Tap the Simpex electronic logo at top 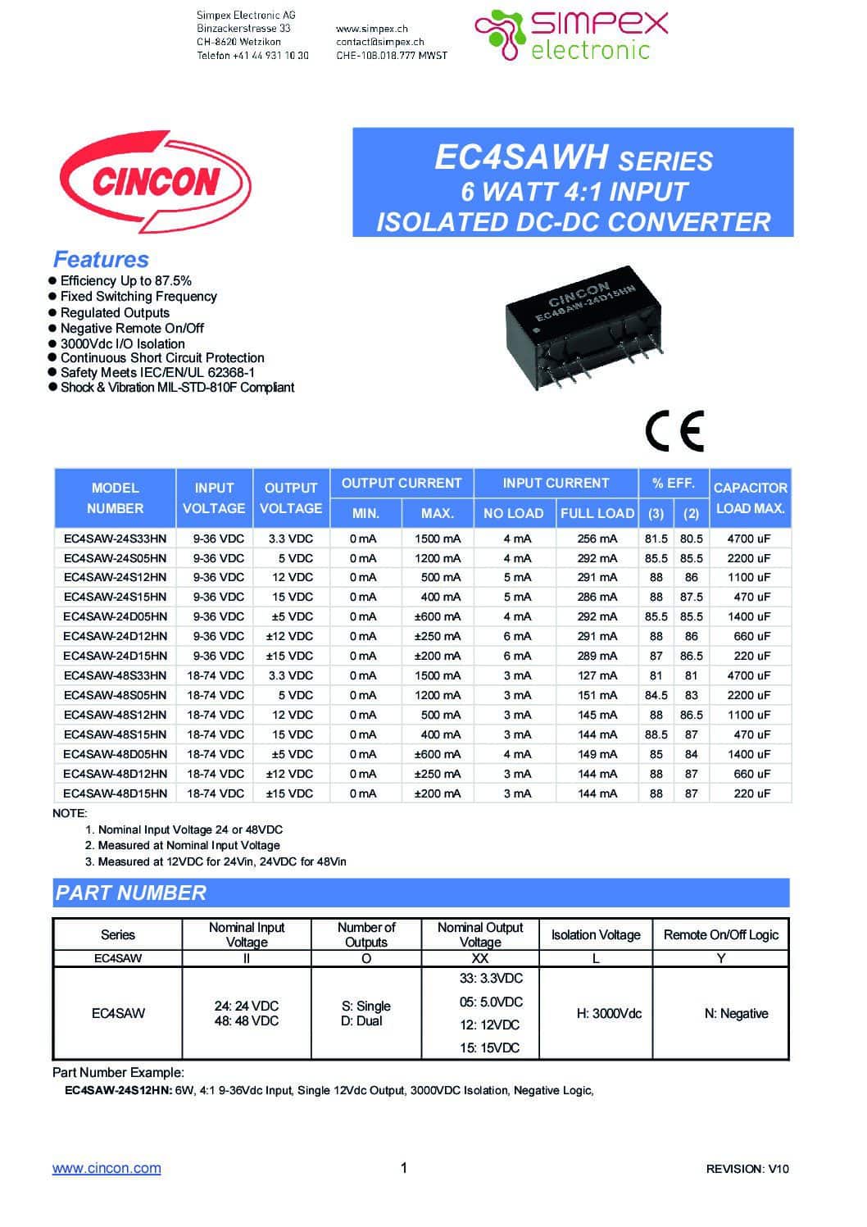pos(572,34)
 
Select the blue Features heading pos(101,260)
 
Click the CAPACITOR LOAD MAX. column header pos(750,498)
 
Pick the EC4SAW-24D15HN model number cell pos(115,656)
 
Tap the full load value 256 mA pos(597,539)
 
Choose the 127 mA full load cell pos(597,675)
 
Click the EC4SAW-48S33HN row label pos(115,675)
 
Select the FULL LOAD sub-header pos(597,513)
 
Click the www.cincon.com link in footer pos(107,1168)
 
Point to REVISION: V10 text pos(747,1169)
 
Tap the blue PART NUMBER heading pos(131,893)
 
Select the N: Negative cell pos(736,1014)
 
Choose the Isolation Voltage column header pos(596,934)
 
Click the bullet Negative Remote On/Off pos(132,328)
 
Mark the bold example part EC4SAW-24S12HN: pos(118,1090)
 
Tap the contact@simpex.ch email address pos(379,42)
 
